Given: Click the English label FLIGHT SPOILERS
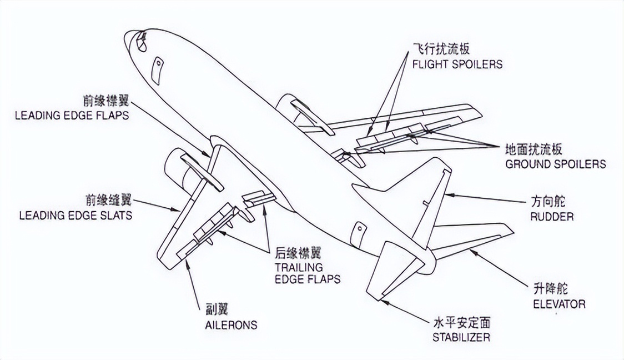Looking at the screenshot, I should pyautogui.click(x=457, y=64).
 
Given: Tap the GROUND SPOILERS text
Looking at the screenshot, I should pyautogui.click(x=555, y=164).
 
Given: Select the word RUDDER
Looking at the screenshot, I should pyautogui.click(x=551, y=216).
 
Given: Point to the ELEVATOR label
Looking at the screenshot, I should pyautogui.click(x=559, y=304).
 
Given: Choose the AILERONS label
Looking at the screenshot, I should pyautogui.click(x=228, y=324).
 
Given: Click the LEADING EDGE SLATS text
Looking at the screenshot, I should pyautogui.click(x=76, y=215).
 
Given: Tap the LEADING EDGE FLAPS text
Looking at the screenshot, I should pyautogui.click(x=72, y=116).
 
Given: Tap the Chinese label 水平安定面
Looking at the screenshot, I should pyautogui.click(x=461, y=323).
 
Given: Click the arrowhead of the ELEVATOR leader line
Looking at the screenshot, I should pyautogui.click(x=471, y=252).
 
